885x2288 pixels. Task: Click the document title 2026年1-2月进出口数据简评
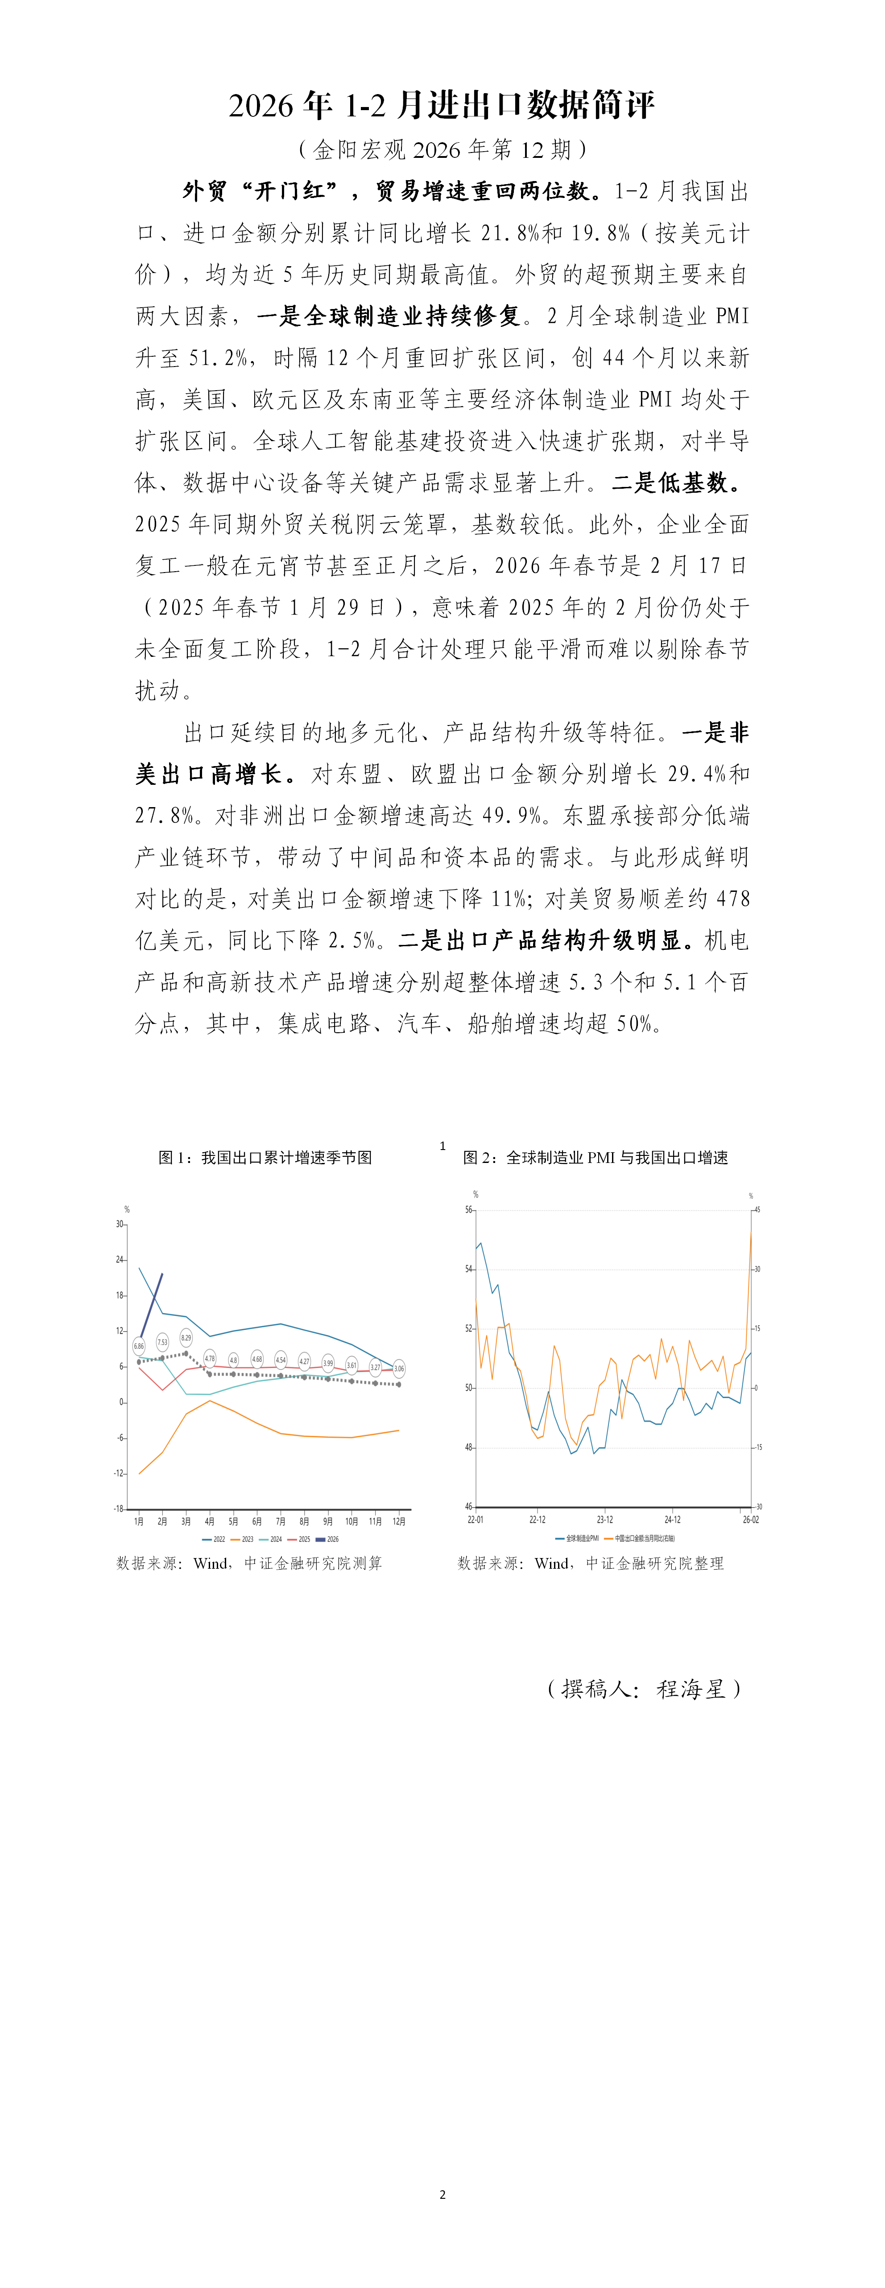tap(442, 105)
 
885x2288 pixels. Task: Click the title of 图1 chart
tap(265, 1157)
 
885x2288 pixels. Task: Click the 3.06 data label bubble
tap(399, 1368)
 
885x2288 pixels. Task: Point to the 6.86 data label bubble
tap(139, 1346)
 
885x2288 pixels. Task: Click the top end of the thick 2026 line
tap(162, 1274)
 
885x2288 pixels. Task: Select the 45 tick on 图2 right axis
tap(757, 1210)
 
